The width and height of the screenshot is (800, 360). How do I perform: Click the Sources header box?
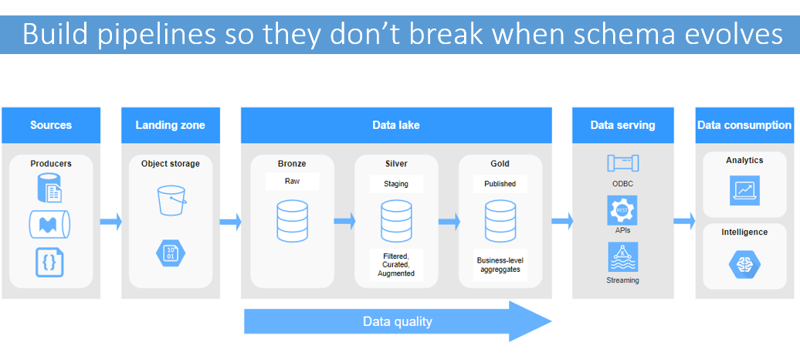pyautogui.click(x=51, y=125)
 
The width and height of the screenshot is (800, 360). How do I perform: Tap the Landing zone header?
pyautogui.click(x=171, y=125)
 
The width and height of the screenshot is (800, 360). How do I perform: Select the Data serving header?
pyautogui.click(x=622, y=125)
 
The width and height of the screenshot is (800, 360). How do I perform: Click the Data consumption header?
pyautogui.click(x=744, y=125)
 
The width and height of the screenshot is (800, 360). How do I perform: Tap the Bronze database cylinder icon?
pyautogui.click(x=292, y=222)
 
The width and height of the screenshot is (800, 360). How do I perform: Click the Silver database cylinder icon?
pyautogui.click(x=396, y=222)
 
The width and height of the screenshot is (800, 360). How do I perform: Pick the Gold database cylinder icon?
pyautogui.click(x=500, y=222)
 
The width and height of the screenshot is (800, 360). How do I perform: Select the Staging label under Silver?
pyautogui.click(x=396, y=184)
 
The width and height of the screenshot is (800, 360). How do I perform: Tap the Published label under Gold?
pyautogui.click(x=500, y=184)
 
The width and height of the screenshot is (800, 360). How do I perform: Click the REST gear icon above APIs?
pyautogui.click(x=622, y=210)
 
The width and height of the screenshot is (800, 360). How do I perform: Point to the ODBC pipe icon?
pyautogui.click(x=622, y=164)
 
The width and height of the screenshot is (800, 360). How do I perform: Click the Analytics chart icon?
pyautogui.click(x=744, y=189)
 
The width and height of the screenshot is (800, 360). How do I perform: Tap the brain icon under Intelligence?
pyautogui.click(x=744, y=263)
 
